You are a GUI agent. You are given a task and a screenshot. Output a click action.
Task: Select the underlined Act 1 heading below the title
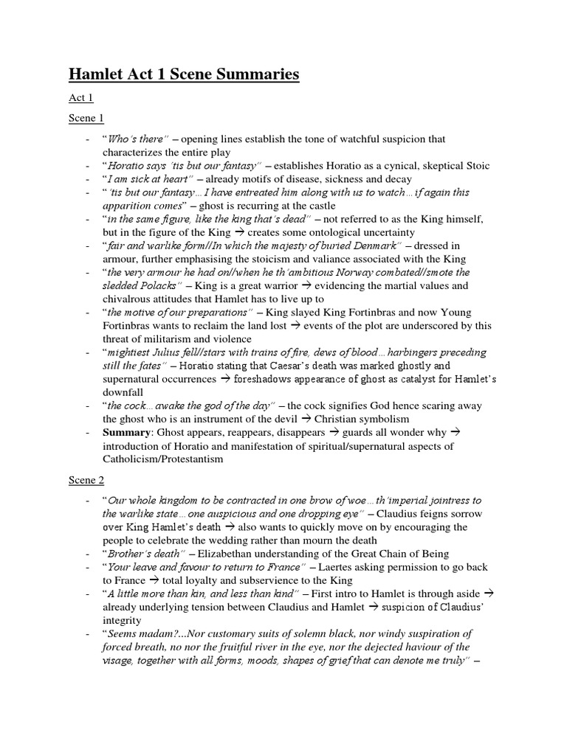[80, 98]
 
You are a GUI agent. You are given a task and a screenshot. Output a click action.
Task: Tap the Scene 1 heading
[86, 118]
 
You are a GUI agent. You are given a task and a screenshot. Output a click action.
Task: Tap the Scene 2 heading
[86, 480]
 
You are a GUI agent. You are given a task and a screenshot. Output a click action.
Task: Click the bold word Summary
[126, 432]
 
